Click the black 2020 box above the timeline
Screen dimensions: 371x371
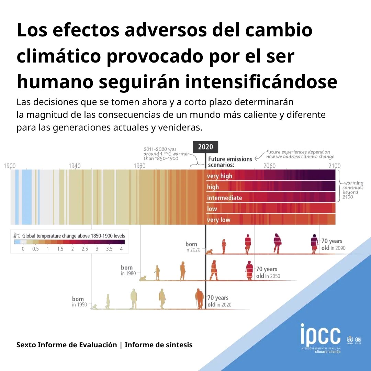click(x=205, y=147)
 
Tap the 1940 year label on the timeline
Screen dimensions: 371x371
click(x=75, y=166)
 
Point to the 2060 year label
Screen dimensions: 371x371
click(x=270, y=166)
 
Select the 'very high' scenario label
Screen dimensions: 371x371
click(x=220, y=176)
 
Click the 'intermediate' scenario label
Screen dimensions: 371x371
click(x=225, y=198)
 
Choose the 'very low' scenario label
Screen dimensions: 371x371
click(x=218, y=220)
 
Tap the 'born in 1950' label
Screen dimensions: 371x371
click(x=79, y=302)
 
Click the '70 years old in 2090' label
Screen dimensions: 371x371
click(x=333, y=245)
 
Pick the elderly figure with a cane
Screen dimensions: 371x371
click(x=199, y=299)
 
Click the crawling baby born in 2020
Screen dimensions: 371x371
click(x=209, y=252)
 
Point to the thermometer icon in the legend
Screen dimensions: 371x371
click(x=15, y=236)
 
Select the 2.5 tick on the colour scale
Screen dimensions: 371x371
click(x=85, y=249)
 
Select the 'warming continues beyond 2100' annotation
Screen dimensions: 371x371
click(x=353, y=190)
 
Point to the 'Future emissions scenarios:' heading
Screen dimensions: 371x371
click(x=230, y=162)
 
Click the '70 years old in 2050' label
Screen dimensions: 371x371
click(x=268, y=272)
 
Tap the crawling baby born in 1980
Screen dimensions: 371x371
click(x=143, y=279)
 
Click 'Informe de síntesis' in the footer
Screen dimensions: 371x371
click(x=158, y=345)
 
